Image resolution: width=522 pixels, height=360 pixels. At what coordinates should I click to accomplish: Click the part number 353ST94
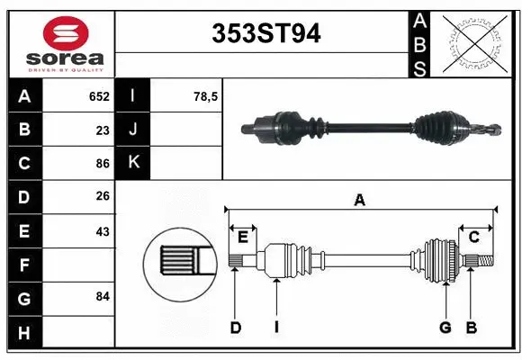pyautogui.click(x=265, y=33)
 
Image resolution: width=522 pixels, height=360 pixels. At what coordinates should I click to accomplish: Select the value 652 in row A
pyautogui.click(x=99, y=96)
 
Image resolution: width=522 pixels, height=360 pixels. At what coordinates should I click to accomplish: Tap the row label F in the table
pyautogui.click(x=24, y=265)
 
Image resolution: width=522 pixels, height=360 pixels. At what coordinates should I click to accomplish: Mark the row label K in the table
pyautogui.click(x=134, y=163)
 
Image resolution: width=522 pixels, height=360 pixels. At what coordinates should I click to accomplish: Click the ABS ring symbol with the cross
pyautogui.click(x=475, y=41)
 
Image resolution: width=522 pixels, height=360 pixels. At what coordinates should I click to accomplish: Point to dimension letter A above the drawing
pyautogui.click(x=360, y=200)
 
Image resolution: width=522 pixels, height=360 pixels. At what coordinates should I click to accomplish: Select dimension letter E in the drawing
pyautogui.click(x=242, y=237)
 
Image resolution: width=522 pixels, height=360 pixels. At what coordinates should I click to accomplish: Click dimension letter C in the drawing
pyautogui.click(x=473, y=237)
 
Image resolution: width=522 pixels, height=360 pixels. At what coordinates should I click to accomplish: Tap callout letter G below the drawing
pyautogui.click(x=445, y=328)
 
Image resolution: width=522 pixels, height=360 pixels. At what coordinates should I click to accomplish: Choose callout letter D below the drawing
pyautogui.click(x=236, y=328)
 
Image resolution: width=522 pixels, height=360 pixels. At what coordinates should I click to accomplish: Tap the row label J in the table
pyautogui.click(x=134, y=130)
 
